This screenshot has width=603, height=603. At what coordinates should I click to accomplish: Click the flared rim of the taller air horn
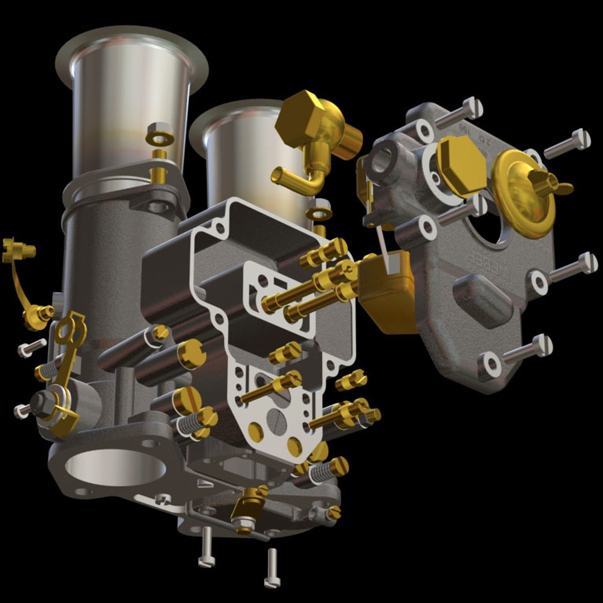click(132, 39)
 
